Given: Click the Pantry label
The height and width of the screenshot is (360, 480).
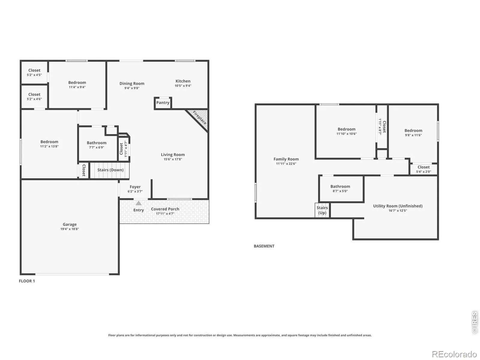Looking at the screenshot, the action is pos(163,103).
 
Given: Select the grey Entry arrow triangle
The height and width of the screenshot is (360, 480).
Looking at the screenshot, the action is pos(138,203).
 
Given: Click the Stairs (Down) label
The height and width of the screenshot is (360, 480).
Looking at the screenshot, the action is pos(110,170).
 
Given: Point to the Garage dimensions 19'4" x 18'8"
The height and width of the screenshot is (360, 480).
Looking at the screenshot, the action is pos(70,229).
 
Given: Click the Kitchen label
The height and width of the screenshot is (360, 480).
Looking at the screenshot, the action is pos(183,81).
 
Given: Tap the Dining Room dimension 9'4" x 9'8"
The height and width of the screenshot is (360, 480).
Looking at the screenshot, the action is pos(132,88).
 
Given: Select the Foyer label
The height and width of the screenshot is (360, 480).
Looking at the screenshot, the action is pos(135,187).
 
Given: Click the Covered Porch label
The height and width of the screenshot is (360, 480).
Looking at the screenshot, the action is pos(165,209).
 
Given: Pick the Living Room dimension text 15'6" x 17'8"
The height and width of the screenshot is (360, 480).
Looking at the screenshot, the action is pos(173,159).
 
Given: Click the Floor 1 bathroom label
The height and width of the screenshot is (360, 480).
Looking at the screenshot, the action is pos(96,143).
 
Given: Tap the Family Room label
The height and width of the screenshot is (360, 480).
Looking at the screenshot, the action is pos(286,159).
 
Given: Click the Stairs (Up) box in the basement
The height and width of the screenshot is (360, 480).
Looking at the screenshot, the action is pos(322,210).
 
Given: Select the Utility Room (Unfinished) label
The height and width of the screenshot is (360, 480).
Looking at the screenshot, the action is pos(397,206).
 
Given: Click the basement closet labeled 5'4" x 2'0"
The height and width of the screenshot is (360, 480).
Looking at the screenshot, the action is pos(423,169).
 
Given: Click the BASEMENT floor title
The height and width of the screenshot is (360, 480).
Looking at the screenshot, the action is pos(264,246).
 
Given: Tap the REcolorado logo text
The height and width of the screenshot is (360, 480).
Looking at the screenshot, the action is pos(454,354).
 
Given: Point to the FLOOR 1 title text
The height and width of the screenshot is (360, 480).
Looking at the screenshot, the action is pos(27,281).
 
